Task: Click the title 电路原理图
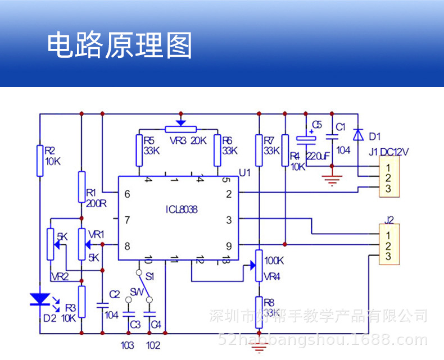119,45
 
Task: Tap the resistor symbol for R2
40,161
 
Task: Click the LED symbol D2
39,298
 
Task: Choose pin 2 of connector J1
388,178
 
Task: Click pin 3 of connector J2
388,257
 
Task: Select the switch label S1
150,276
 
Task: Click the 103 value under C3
128,345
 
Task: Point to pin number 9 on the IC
229,245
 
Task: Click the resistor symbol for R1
81,186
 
